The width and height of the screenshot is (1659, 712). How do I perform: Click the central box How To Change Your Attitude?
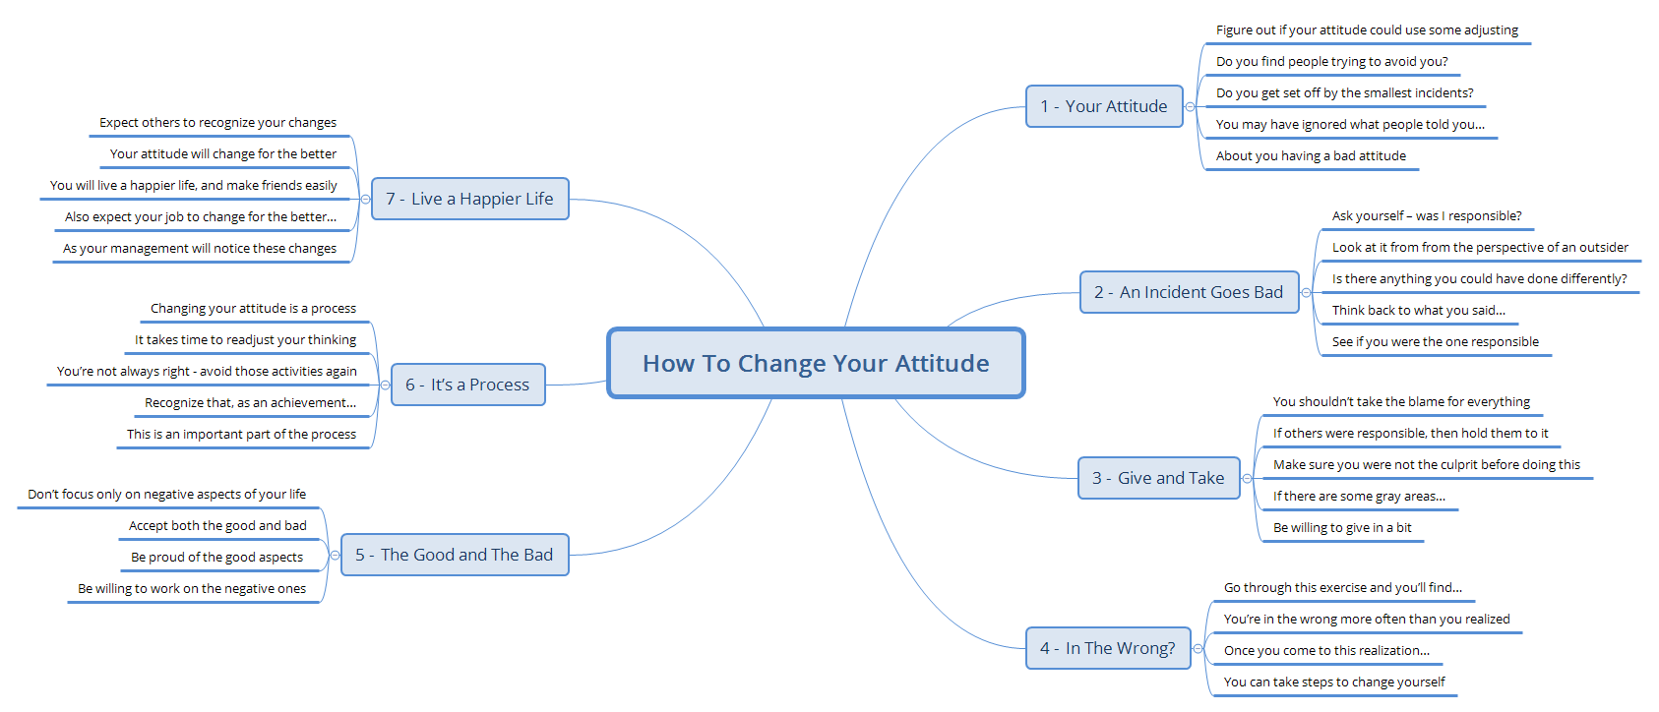pos(816,363)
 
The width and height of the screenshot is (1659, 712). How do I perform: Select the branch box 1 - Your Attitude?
pos(1103,106)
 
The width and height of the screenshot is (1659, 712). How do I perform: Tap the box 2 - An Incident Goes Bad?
pos(1189,292)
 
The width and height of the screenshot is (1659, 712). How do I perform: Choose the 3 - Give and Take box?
pos(1158,478)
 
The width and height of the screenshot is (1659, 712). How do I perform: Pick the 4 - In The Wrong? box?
pos(1108,648)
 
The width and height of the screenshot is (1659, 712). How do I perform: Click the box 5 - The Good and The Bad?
pos(455,555)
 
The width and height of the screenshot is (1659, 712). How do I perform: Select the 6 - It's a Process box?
pos(468,385)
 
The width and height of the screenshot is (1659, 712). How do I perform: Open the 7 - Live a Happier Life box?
pos(470,199)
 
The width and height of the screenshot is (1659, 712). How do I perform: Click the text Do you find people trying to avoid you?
pos(1331,61)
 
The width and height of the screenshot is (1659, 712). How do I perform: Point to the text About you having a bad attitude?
pos(1311,156)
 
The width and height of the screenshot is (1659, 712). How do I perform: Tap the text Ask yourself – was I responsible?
pos(1427,216)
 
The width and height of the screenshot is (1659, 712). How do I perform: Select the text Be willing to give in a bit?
pos(1342,528)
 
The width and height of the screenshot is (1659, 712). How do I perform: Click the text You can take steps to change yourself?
pos(1334,682)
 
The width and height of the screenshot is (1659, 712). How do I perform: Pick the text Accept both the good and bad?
pos(217,525)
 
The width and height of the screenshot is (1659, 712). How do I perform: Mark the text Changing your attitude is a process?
pos(253,308)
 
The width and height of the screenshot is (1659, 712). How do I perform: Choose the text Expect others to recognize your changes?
pos(217,122)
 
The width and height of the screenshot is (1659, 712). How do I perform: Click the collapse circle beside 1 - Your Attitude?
pos(1191,106)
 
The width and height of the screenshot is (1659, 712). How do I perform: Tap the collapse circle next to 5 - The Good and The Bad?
pos(335,555)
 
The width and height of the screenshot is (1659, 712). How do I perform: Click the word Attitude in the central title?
pos(942,364)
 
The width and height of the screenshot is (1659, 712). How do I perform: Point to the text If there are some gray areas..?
pos(1359,496)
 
